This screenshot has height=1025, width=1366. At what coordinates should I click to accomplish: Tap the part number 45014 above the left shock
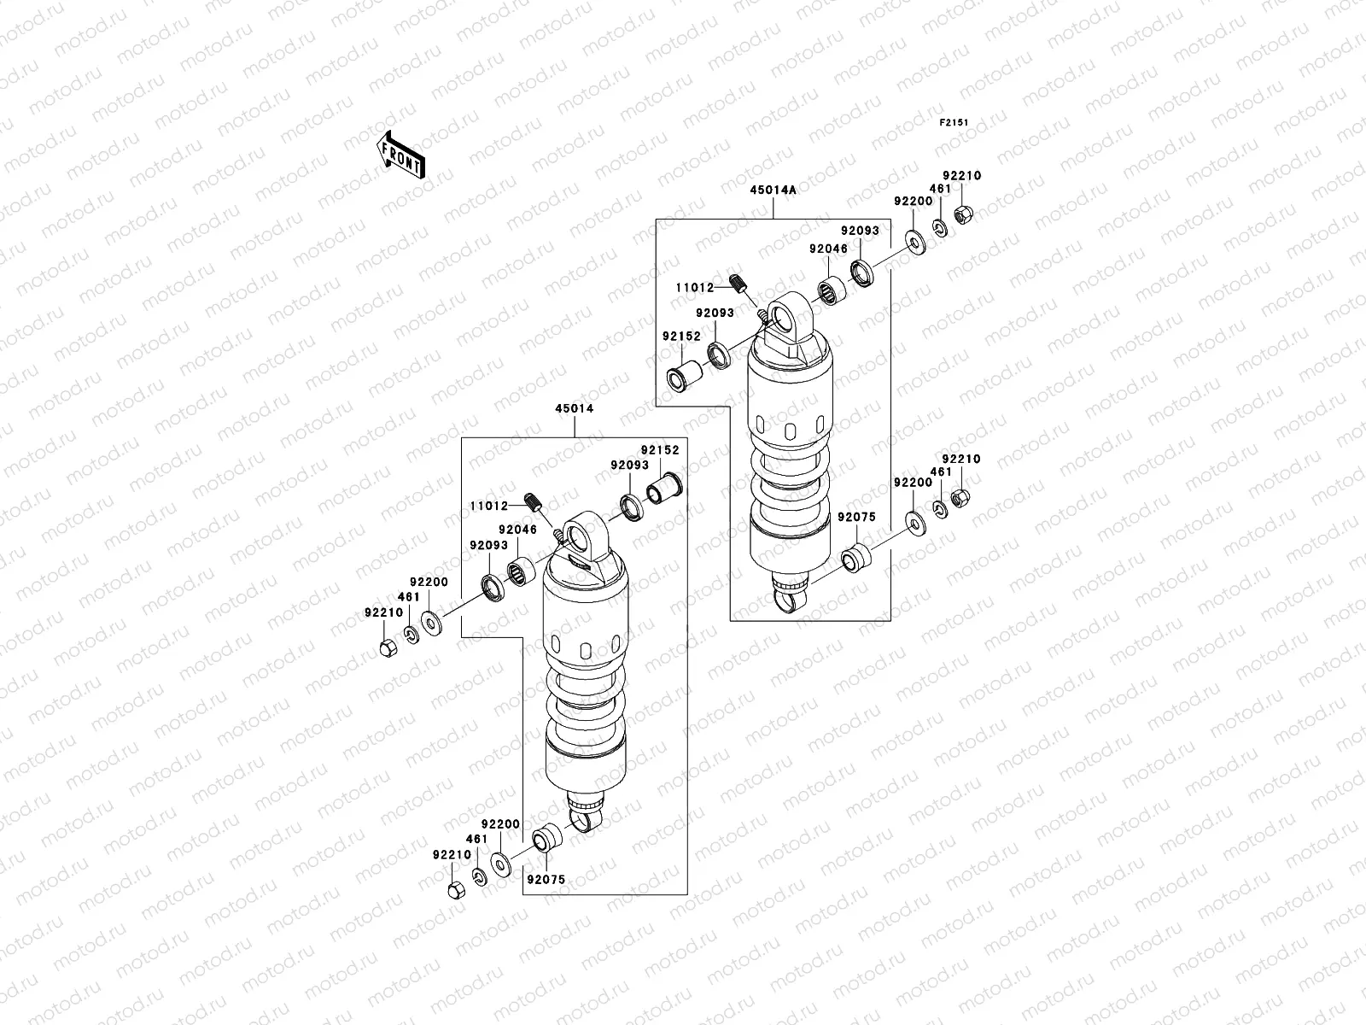pyautogui.click(x=575, y=409)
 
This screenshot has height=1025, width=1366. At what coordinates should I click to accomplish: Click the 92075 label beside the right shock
pyautogui.click(x=855, y=518)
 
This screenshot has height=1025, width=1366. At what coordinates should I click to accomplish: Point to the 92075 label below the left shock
pyautogui.click(x=546, y=879)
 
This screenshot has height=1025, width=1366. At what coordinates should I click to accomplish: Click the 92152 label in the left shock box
pyautogui.click(x=660, y=449)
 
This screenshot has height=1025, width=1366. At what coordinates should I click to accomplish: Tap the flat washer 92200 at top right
pyautogui.click(x=914, y=245)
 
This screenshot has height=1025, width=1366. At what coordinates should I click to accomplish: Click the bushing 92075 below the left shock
pyautogui.click(x=544, y=839)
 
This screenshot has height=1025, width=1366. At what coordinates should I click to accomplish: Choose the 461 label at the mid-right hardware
pyautogui.click(x=941, y=471)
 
